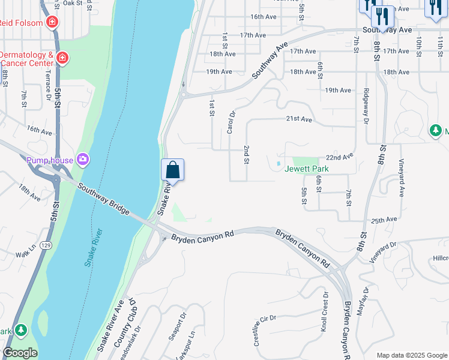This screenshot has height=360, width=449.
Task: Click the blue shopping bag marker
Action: pos(172,170)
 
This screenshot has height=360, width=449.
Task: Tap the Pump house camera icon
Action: pos(82,160)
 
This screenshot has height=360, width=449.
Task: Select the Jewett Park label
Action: pos(307,169)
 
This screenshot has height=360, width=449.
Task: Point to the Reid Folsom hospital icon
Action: pos(52,23)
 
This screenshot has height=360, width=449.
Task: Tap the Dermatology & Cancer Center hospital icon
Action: pos(63,58)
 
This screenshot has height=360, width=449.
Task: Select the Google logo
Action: pos(20,353)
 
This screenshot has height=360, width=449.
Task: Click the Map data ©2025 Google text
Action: pos(412,355)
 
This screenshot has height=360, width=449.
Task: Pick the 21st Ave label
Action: pos(299,119)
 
